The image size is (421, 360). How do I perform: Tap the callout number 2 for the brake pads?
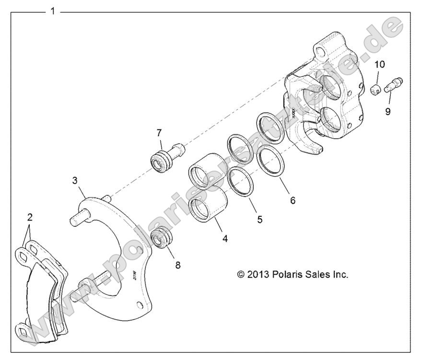tap(30, 217)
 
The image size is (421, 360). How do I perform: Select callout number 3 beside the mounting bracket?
tap(75, 181)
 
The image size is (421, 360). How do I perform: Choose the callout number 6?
tap(292, 200)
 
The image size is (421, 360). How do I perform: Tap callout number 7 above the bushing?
tap(159, 133)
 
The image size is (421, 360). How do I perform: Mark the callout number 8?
tap(178, 265)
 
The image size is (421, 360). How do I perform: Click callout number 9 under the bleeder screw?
tap(387, 111)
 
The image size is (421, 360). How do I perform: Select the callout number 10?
tap(379, 64)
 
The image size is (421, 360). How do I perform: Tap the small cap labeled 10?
tap(377, 88)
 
